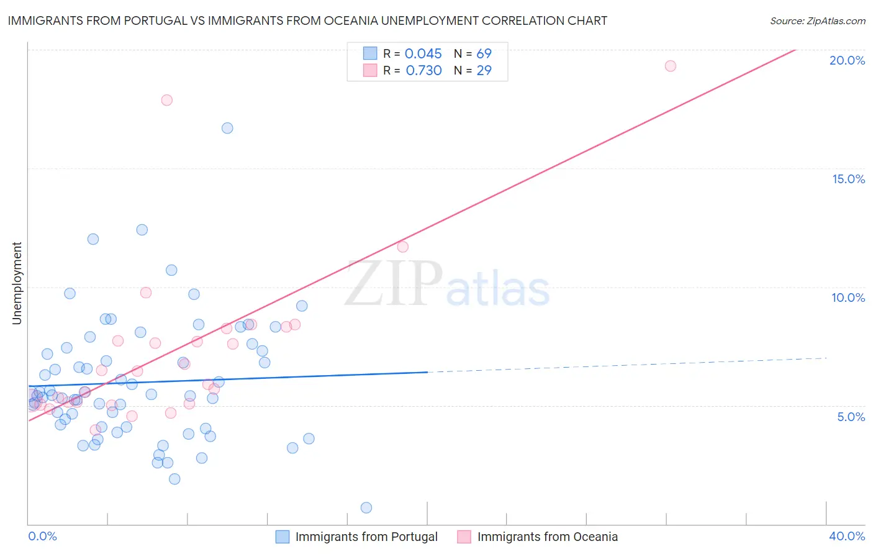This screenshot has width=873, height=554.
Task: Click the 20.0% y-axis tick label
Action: (847, 60)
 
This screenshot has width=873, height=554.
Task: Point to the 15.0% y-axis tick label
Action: (848, 179)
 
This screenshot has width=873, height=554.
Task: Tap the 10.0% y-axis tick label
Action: (848, 297)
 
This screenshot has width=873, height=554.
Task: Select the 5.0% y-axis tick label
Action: (851, 417)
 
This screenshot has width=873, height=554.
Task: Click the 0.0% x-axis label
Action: (42, 536)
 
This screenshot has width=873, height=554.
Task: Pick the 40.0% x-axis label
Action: (846, 536)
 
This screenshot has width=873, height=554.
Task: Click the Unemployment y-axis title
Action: (17, 283)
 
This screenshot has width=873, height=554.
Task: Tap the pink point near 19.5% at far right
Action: (670, 66)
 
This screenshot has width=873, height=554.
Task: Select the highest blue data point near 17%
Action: (227, 128)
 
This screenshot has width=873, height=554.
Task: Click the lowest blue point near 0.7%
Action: (366, 507)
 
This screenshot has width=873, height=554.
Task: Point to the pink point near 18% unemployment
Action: (166, 100)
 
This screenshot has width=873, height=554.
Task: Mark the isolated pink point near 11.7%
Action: (402, 247)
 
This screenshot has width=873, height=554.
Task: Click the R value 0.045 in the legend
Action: (423, 53)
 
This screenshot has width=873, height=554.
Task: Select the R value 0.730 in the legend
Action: (423, 70)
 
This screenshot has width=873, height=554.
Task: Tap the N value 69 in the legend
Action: (484, 53)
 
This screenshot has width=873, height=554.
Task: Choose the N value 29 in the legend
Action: (484, 70)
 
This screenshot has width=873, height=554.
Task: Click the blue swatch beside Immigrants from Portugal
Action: (283, 537)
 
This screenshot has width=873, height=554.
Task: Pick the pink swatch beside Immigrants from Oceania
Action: (464, 537)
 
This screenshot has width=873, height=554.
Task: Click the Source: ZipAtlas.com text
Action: (817, 20)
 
